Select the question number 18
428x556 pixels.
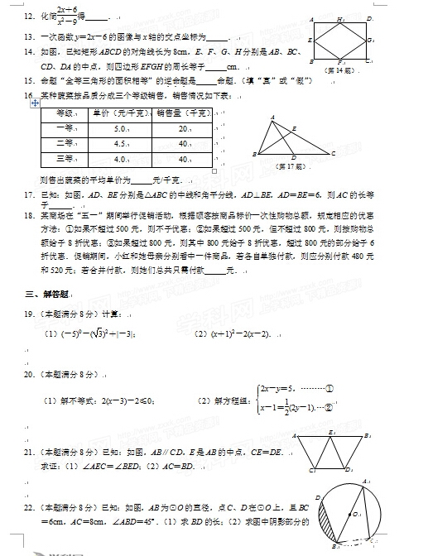[x=28, y=214]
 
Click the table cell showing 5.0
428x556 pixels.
[x=119, y=128]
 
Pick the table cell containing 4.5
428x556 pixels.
[x=119, y=143]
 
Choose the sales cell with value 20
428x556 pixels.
[x=183, y=128]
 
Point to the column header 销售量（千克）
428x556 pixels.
[x=182, y=113]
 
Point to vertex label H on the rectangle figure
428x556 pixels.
[x=340, y=18]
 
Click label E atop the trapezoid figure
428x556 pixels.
[x=333, y=432]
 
